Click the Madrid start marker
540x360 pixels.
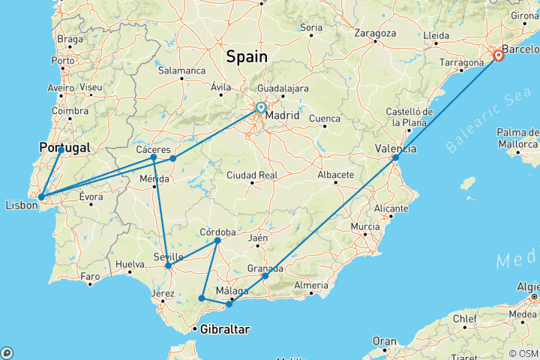click(x=260, y=108)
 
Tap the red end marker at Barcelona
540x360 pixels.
click(x=499, y=55)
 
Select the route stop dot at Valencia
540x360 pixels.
click(x=395, y=157)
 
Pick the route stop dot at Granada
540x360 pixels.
click(x=265, y=276)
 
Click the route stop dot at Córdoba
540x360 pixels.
click(x=217, y=241)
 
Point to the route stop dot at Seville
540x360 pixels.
click(x=168, y=266)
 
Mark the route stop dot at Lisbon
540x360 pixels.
click(x=41, y=197)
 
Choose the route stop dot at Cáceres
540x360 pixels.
click(x=153, y=157)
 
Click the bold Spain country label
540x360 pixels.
click(x=246, y=56)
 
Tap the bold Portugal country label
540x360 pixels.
click(x=64, y=148)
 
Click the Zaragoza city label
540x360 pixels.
click(x=375, y=34)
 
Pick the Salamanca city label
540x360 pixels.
click(x=181, y=70)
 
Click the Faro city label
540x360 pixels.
click(x=91, y=277)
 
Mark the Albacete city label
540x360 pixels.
click(x=335, y=175)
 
